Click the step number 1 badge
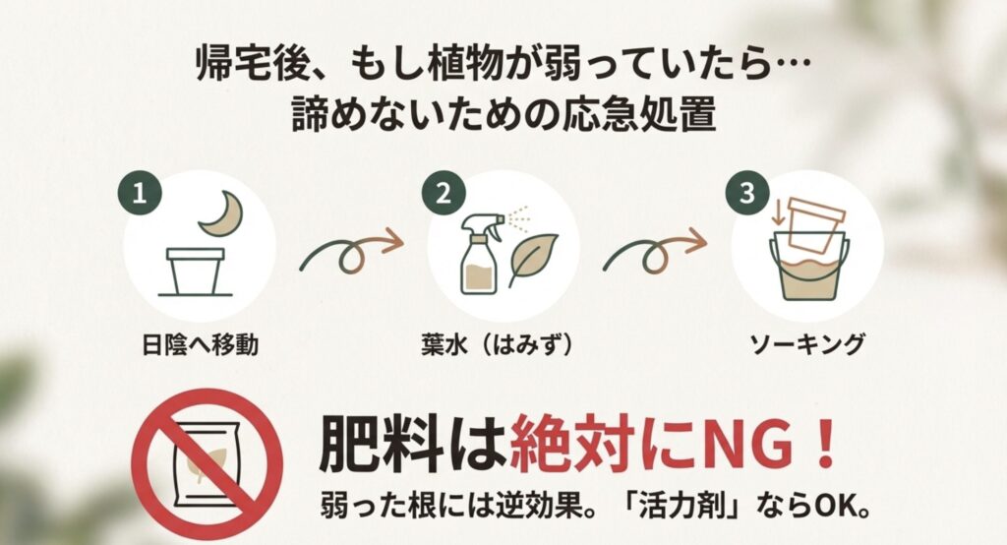click(140, 192)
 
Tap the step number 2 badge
click(444, 192)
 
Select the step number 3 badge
click(747, 192)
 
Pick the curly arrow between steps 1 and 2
click(349, 251)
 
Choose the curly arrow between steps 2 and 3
click(653, 251)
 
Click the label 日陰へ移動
click(200, 345)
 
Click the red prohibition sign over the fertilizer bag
click(207, 463)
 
